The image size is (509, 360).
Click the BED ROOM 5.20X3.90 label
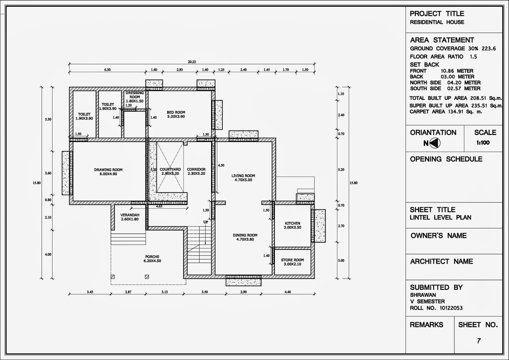tap(176, 114)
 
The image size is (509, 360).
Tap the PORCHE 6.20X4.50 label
tap(152, 259)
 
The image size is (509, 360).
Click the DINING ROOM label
tap(245, 237)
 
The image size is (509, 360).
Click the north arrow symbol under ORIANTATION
tap(435, 144)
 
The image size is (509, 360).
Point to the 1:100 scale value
tap(483, 143)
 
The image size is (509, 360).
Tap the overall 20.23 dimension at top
tap(192, 62)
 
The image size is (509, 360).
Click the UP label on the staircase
tap(206, 222)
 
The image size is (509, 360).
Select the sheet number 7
tap(479, 341)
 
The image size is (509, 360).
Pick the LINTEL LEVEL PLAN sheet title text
tap(441, 218)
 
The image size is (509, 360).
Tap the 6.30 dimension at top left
tap(108, 70)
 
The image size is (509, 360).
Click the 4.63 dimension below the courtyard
tap(159, 207)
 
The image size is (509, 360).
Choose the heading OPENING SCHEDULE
tap(446, 159)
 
